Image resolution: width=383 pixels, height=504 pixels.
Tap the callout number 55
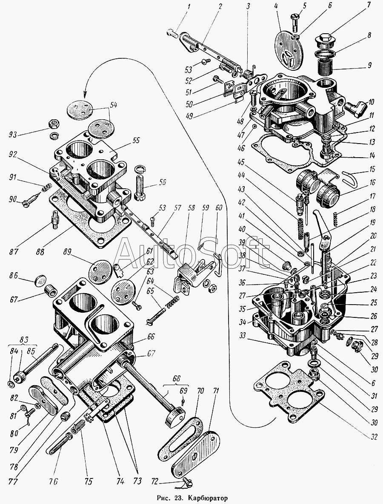[136, 141]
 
